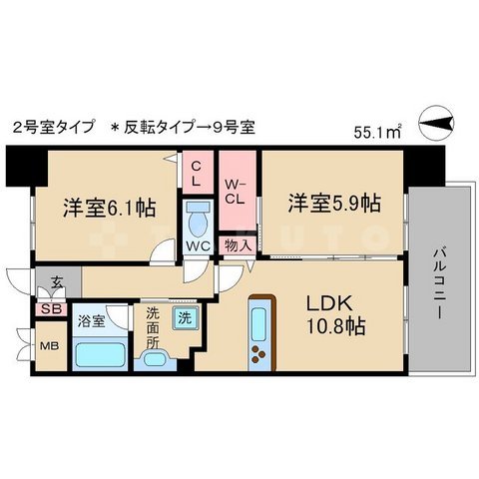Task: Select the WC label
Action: click(x=198, y=245)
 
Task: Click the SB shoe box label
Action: click(x=49, y=309)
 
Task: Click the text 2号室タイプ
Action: click(x=54, y=127)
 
